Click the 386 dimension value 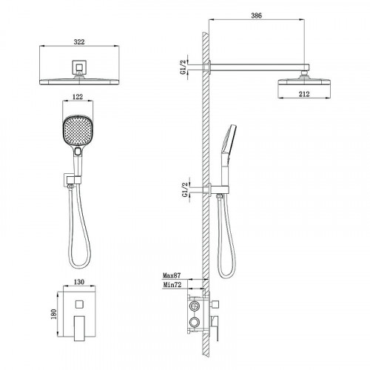[256, 16]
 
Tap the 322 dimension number [79, 42]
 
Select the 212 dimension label [304, 94]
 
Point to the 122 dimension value [78, 97]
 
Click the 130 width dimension [79, 282]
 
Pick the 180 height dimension [53, 314]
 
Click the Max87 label [172, 275]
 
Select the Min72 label [172, 285]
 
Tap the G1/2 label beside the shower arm [184, 67]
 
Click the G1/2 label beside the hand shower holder [185, 190]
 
